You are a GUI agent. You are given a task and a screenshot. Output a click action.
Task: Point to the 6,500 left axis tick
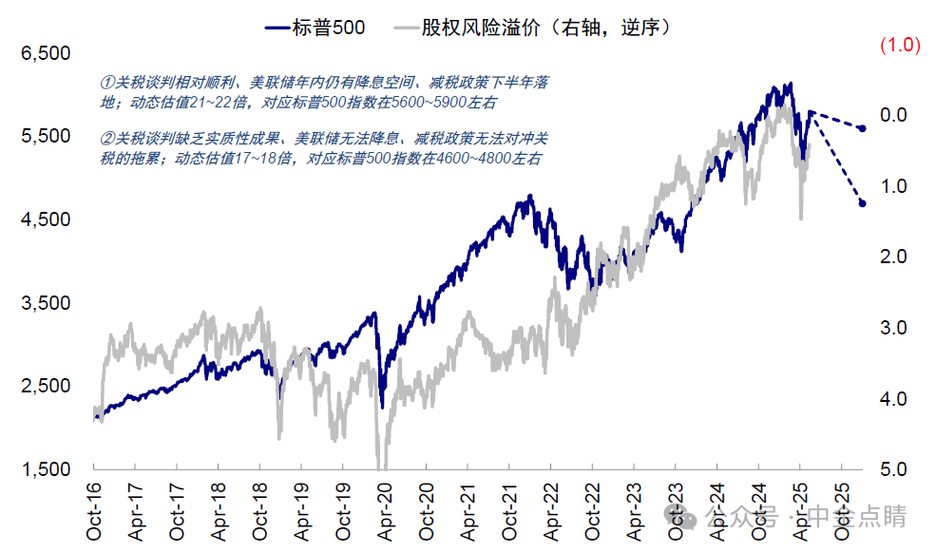click(46, 53)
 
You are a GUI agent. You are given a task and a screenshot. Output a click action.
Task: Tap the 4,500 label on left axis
click(46, 219)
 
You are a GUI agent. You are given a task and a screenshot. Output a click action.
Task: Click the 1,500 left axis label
click(46, 469)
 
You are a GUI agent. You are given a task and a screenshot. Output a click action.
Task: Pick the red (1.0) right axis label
click(899, 45)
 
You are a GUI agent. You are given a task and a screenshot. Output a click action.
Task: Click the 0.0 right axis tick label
click(896, 115)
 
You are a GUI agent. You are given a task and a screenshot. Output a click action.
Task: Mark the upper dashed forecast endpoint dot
click(862, 128)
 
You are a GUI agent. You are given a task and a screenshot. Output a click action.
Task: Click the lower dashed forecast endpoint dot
click(862, 203)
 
